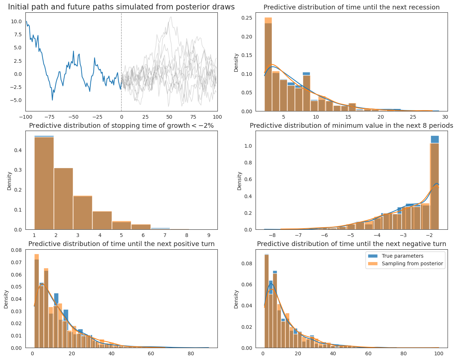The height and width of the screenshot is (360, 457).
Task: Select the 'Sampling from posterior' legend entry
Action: click(x=412, y=263)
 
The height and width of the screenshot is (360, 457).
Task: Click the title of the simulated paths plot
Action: click(x=121, y=7)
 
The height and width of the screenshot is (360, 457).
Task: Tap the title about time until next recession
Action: click(x=351, y=7)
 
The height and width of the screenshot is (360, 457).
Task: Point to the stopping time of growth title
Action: click(x=121, y=126)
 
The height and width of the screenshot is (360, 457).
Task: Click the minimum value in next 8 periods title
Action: click(x=351, y=126)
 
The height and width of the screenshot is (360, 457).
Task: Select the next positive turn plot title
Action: click(x=121, y=244)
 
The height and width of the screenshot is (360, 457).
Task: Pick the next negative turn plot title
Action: click(x=351, y=244)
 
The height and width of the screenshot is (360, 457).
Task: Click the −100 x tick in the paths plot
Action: click(x=25, y=117)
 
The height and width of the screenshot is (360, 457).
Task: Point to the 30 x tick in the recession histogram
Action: click(x=445, y=117)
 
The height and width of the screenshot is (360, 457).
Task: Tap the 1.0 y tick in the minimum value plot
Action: click(x=249, y=146)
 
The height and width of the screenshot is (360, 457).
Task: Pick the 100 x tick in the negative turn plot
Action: click(x=439, y=353)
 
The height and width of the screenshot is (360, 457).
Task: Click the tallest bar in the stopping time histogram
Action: click(x=44, y=183)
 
